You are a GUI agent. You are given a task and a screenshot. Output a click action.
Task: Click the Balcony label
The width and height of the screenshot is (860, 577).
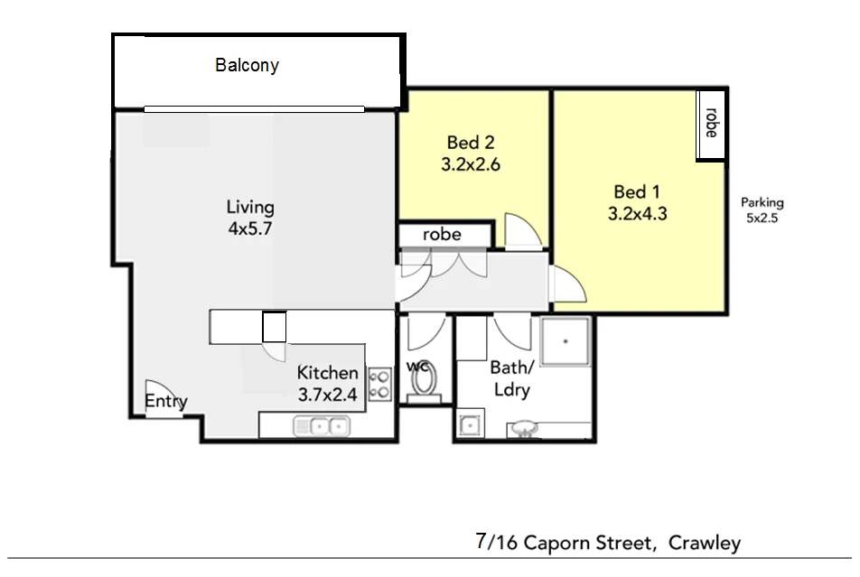pos(247,65)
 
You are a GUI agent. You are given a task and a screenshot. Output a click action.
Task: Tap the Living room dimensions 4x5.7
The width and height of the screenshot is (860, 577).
pos(249,228)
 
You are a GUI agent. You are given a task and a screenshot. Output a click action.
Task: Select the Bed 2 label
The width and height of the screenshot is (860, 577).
pos(471,143)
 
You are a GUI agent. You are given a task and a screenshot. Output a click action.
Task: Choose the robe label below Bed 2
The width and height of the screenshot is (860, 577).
pos(442,235)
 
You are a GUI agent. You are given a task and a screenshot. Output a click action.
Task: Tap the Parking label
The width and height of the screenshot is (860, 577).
pos(762,202)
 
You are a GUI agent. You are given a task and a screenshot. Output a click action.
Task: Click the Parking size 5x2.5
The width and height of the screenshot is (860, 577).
pos(762,218)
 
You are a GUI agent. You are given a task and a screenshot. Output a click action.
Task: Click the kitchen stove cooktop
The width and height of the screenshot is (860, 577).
pos(380,385)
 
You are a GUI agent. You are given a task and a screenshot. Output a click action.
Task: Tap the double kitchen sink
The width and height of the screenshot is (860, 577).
pos(321,424)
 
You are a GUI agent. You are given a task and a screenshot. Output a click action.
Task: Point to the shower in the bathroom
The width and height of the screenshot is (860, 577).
pos(565,342)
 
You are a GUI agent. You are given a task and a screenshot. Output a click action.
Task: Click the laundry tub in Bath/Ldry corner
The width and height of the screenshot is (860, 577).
pos(469,424)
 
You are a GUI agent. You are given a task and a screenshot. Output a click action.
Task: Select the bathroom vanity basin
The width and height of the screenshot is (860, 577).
pos(524,430)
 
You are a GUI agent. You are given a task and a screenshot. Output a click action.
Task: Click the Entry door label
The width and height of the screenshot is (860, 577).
pos(165,402)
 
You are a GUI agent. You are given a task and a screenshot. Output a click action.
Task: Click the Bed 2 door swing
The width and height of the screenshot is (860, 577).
pos(523,231)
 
